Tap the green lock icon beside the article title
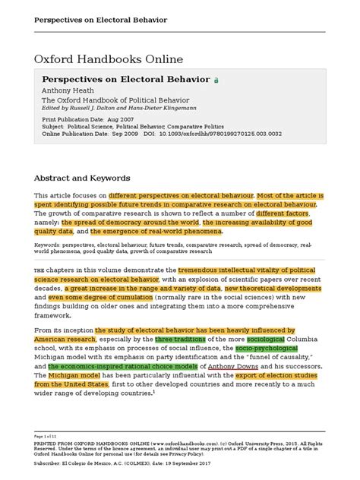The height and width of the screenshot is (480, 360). click(x=216, y=79)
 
